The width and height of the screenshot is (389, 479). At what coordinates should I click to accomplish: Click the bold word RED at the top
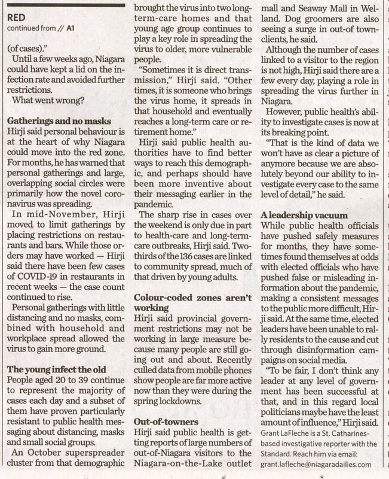click(x=16, y=17)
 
